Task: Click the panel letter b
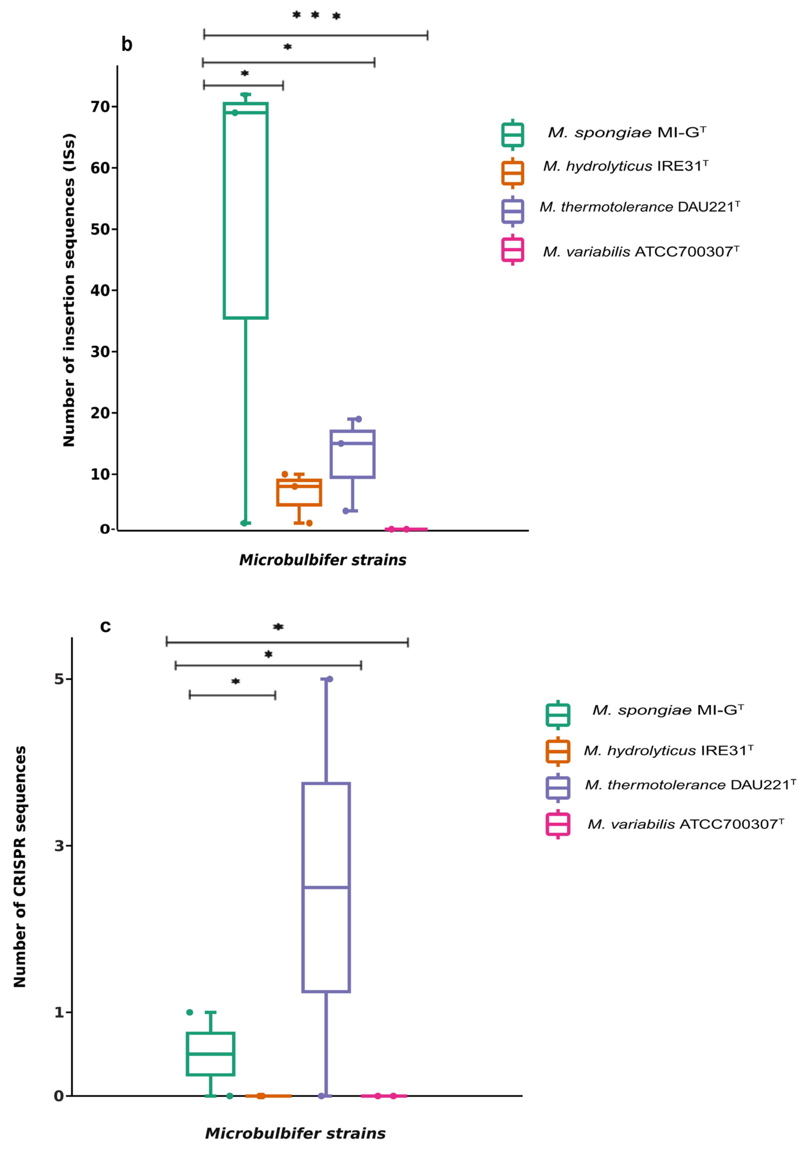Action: (127, 45)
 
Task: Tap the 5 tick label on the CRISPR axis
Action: (59, 679)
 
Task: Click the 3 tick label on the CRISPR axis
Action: (59, 846)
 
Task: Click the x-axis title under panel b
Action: (322, 560)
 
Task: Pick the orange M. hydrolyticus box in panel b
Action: (299, 492)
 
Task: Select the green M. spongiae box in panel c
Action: (211, 1054)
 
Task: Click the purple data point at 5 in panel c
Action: (329, 679)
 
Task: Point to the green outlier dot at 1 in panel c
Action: (190, 1012)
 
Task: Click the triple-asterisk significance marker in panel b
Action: (316, 16)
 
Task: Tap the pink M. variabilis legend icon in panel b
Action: (513, 250)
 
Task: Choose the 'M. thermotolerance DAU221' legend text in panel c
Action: (690, 785)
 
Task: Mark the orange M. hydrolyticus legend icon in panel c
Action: (558, 751)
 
